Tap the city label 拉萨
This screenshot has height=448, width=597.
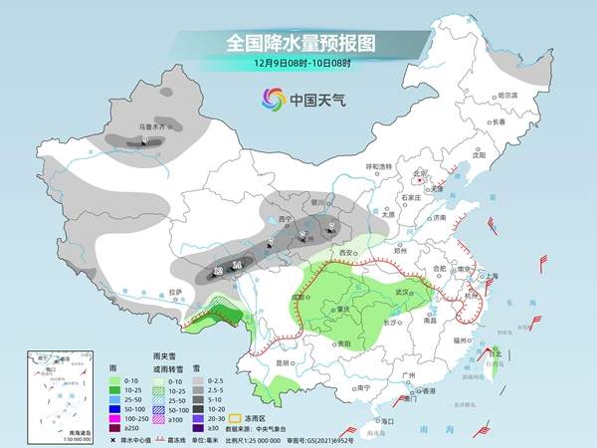pyautogui.click(x=175, y=292)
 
